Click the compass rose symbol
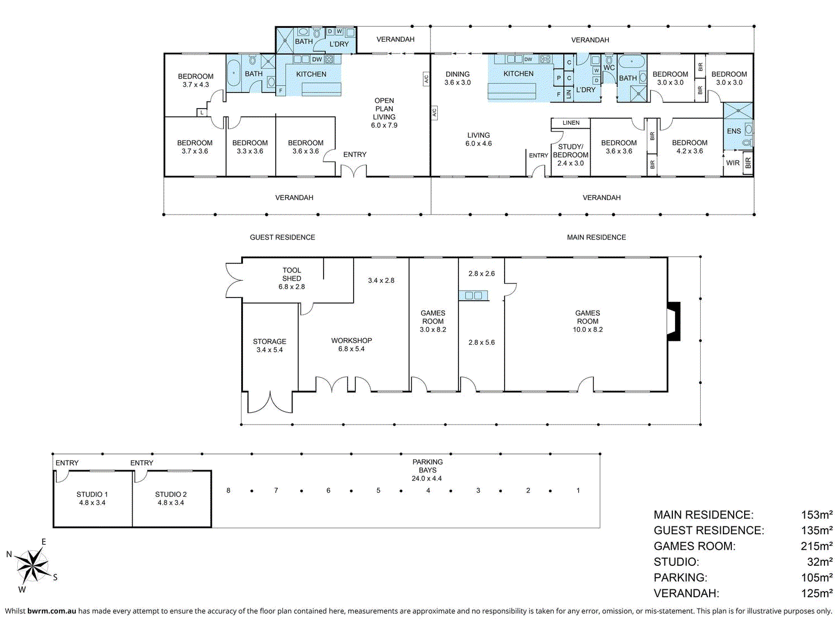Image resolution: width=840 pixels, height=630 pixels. [33, 565]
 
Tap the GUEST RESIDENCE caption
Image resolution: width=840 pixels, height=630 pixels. [282, 237]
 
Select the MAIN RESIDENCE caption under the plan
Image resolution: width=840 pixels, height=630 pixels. [596, 237]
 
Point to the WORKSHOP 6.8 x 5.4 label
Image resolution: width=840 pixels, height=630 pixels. [351, 345]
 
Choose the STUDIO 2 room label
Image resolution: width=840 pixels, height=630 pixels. [171, 499]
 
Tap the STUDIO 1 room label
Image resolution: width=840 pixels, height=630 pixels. [92, 499]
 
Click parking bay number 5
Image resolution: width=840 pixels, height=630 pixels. [378, 491]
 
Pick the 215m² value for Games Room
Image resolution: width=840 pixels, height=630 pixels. [817, 546]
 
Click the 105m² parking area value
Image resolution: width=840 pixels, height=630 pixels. [817, 578]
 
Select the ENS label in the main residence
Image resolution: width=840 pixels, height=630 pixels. [734, 131]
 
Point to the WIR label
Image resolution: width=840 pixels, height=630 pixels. [732, 163]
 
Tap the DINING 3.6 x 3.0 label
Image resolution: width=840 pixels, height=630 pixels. [457, 78]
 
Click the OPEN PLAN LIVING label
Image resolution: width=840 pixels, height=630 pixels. [384, 113]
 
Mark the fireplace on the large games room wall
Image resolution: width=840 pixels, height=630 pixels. [674, 321]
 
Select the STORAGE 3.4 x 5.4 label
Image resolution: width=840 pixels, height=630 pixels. [270, 345]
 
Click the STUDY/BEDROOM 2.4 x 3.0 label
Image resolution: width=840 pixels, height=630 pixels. [570, 155]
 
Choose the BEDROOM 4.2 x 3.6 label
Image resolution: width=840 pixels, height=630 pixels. [690, 147]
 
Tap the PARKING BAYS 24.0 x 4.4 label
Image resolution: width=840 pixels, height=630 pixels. [427, 470]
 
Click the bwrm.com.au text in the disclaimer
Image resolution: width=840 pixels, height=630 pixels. [52, 611]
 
